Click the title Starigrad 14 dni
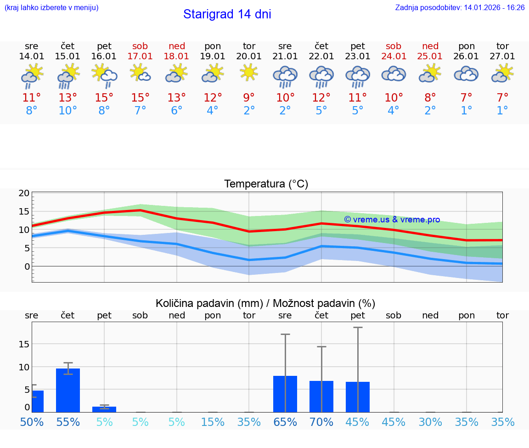227,14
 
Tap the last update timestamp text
460,8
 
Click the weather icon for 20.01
249,73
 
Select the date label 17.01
140,57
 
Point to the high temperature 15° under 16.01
104,98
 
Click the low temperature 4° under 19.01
213,111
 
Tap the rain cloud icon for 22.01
321,76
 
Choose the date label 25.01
430,57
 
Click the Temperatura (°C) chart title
266,184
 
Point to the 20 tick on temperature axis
24,193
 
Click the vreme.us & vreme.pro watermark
392,220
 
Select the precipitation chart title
265,303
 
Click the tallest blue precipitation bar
68,390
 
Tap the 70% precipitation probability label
321,422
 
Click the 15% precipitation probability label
213,422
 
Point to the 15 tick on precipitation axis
24,344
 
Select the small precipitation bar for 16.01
104,409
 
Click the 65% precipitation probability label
285,422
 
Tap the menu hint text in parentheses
51,8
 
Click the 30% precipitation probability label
430,422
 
